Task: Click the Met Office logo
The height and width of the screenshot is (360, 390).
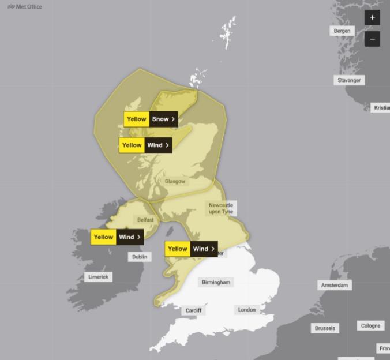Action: (25, 7)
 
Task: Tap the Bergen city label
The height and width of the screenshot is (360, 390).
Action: (342, 31)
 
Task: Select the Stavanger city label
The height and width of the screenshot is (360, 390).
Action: (348, 80)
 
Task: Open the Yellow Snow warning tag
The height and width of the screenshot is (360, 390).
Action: (150, 119)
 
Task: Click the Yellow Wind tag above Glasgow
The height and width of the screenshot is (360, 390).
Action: (145, 145)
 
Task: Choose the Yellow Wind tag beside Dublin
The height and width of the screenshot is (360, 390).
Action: (117, 237)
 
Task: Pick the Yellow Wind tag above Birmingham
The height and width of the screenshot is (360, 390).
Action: (191, 249)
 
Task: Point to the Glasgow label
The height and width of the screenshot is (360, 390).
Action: (175, 181)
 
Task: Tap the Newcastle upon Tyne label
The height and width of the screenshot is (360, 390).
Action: (221, 208)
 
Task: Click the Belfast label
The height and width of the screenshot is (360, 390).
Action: (145, 220)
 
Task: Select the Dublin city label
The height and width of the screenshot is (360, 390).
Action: (140, 257)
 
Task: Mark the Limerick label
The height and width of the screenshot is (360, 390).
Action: (98, 277)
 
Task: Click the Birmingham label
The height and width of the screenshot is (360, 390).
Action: (216, 282)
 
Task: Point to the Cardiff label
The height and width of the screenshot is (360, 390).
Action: (193, 310)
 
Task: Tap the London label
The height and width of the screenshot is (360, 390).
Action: (247, 310)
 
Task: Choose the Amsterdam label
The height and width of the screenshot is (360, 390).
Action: (335, 286)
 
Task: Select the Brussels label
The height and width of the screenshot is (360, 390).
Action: (325, 328)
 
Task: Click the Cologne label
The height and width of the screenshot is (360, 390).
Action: (370, 325)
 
